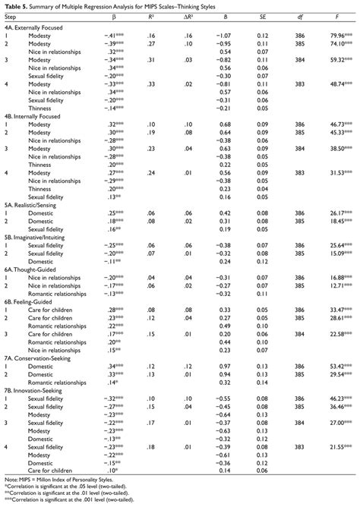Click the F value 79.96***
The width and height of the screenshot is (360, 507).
[339, 34]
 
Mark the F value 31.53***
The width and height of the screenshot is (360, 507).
[339, 194]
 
